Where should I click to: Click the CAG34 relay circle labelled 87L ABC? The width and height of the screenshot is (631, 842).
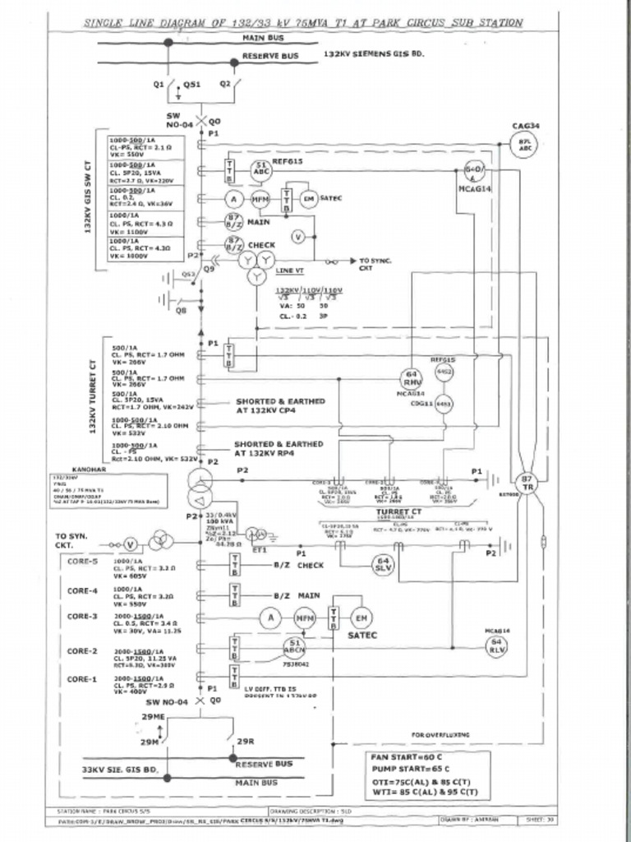point(524,146)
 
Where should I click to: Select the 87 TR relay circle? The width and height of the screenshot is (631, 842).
point(526,483)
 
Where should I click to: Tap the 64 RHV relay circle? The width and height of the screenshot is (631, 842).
point(412,377)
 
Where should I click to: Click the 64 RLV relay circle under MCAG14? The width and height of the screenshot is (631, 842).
point(496,644)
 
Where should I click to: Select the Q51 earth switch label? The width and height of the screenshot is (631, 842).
point(191,84)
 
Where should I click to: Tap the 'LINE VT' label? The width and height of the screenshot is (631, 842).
point(289,271)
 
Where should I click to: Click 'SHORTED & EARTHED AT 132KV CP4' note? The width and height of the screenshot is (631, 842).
point(279,405)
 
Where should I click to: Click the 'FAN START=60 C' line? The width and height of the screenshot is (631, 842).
point(408,756)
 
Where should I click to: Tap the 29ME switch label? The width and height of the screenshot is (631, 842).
point(154,717)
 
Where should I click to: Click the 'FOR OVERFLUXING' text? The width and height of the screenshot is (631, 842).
point(440,734)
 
